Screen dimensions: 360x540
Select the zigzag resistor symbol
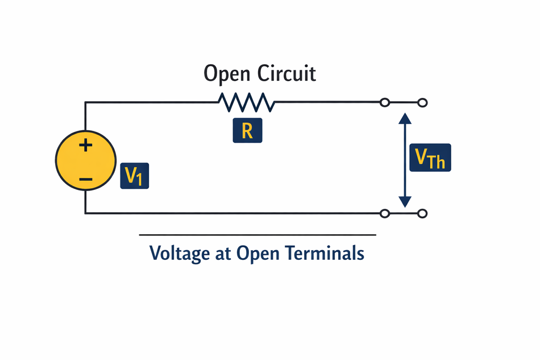[x=246, y=102]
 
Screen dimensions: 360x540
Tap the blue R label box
[x=247, y=131]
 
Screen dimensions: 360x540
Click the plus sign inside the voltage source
[x=85, y=146]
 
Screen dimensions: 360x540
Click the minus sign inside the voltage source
[x=85, y=180]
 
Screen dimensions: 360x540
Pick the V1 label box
[x=134, y=176]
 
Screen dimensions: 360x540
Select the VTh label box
[x=430, y=158]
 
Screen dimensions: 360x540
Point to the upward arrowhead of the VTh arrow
[x=404, y=118]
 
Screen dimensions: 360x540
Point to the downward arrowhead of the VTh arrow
[x=404, y=200]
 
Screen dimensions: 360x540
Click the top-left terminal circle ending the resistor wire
[x=385, y=102]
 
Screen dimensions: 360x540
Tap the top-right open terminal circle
[x=422, y=102]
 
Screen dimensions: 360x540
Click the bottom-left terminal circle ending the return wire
[x=385, y=213]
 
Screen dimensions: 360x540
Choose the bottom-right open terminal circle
[x=422, y=213]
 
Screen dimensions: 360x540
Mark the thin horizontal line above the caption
[x=257, y=234]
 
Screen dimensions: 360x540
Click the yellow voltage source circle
[x=68, y=162]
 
